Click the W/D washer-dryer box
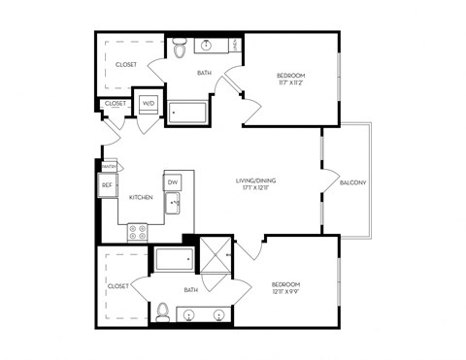(149, 103)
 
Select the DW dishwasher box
(172, 181)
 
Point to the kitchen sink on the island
(172, 204)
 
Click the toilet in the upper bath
(179, 47)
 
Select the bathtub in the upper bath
(188, 113)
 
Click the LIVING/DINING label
(257, 181)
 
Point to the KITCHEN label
(144, 198)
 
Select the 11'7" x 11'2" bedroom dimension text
(290, 83)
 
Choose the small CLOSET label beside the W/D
(115, 103)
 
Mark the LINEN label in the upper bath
(237, 46)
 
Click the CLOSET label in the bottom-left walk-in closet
(117, 286)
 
